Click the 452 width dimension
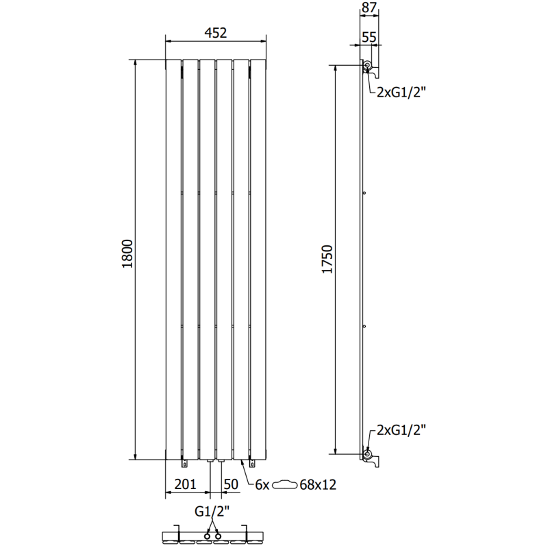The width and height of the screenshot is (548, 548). pos(215,33)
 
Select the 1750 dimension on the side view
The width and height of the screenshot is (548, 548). pos(327,259)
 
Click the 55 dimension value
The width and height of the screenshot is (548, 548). pos(369,37)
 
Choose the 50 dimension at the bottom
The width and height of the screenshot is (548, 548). pos(231,484)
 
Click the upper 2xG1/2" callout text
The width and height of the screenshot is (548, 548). pos(401,94)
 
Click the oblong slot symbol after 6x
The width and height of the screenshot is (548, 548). pos(286,485)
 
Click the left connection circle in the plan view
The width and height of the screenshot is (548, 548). pos(207,534)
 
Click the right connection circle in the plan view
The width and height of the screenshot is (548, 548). pos(219,534)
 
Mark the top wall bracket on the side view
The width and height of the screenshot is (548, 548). pos(370,67)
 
